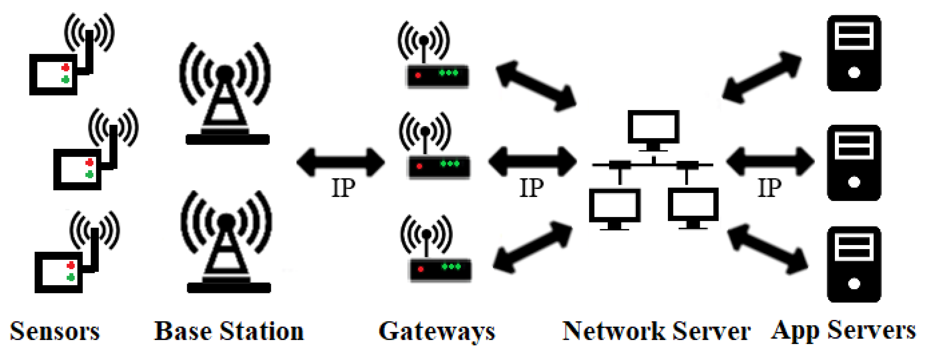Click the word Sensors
[x=55, y=331]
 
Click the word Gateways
[x=437, y=331]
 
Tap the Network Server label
[x=656, y=331]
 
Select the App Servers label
[x=843, y=331]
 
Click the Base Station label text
[x=229, y=331]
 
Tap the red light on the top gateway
[x=418, y=75]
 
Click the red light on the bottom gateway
[x=421, y=269]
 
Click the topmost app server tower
[x=854, y=53]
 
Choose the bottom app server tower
[x=854, y=264]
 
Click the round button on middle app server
[x=854, y=182]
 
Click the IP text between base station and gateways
[x=343, y=187]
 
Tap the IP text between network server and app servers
[x=769, y=187]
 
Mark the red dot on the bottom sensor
[x=71, y=265]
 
